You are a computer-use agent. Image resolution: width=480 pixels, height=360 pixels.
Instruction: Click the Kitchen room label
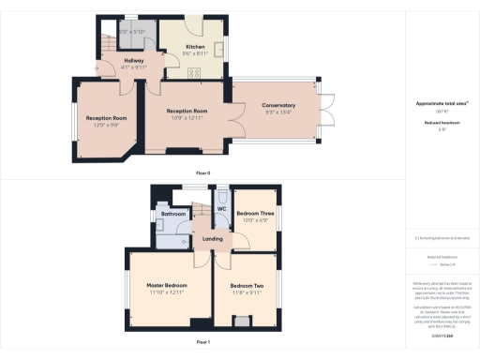click(195, 46)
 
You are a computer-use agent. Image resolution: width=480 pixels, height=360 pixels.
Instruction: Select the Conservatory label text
click(278, 105)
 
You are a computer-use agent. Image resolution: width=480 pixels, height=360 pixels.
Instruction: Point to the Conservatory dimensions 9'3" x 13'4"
click(278, 112)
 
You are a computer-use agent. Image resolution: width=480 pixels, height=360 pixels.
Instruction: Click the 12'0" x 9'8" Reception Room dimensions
click(106, 125)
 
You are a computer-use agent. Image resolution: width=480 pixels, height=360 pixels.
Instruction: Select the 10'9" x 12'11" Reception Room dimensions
click(187, 117)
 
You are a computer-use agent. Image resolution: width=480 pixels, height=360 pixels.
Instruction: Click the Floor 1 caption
click(202, 343)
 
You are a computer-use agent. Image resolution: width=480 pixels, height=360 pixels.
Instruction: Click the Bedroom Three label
click(255, 214)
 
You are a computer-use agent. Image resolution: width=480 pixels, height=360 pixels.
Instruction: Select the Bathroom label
click(174, 214)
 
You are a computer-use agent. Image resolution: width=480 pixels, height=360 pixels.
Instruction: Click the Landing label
click(214, 239)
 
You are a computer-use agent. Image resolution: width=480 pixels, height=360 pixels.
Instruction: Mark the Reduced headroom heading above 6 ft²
click(441, 121)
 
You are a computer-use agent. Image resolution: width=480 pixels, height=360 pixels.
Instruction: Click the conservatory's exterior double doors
click(326, 110)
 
